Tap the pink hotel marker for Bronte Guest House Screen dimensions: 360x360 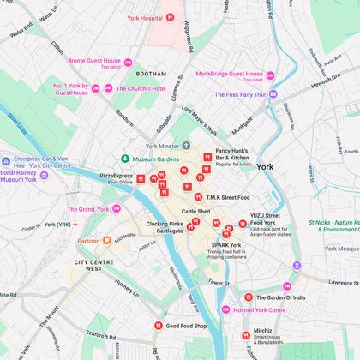(129, 62)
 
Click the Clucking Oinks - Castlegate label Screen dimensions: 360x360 (164, 227)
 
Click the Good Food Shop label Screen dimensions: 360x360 (186, 326)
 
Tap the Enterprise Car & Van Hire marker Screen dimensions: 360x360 (7, 160)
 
